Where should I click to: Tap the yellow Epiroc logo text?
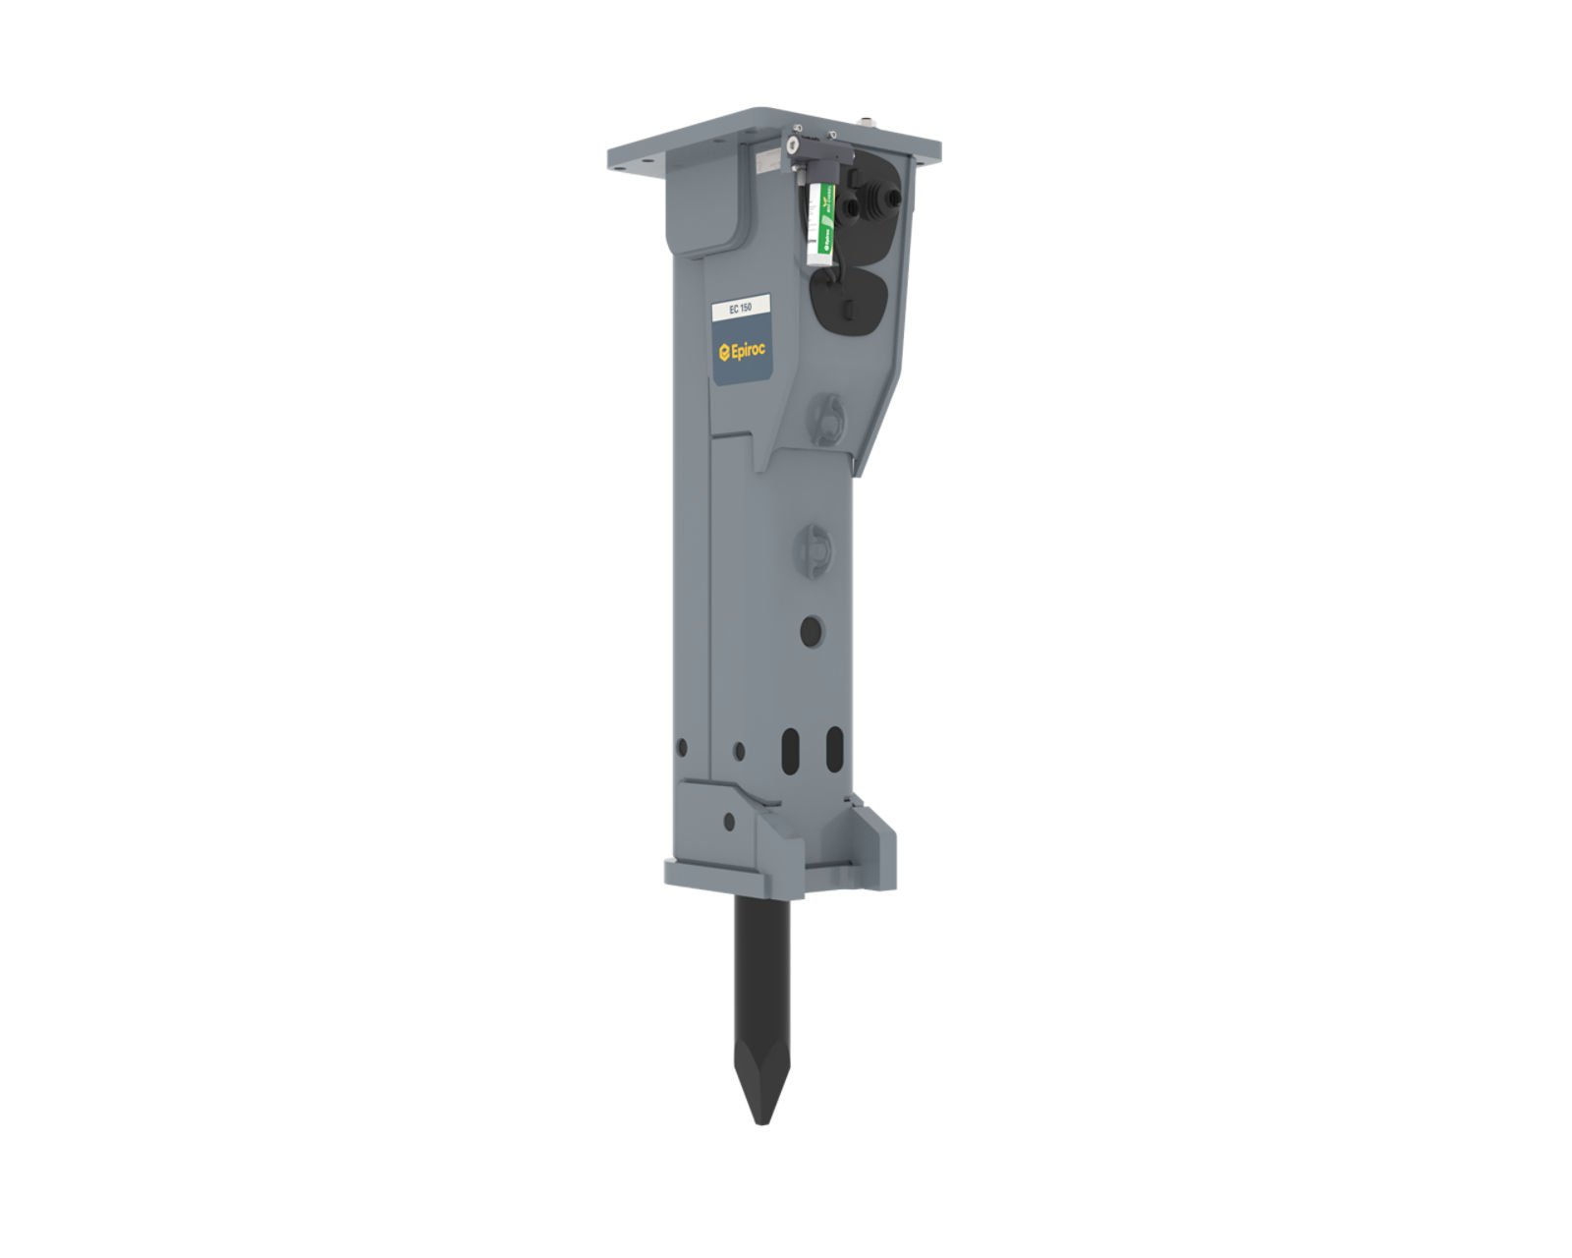click(x=744, y=350)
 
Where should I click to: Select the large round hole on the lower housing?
click(x=812, y=631)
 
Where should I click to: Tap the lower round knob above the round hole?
click(x=814, y=544)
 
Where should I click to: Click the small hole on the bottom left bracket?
click(x=727, y=820)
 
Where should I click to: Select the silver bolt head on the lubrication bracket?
click(x=792, y=146)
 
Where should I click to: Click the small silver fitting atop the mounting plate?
click(x=868, y=123)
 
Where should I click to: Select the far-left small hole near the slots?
click(x=682, y=748)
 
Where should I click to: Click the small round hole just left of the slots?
click(x=739, y=752)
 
